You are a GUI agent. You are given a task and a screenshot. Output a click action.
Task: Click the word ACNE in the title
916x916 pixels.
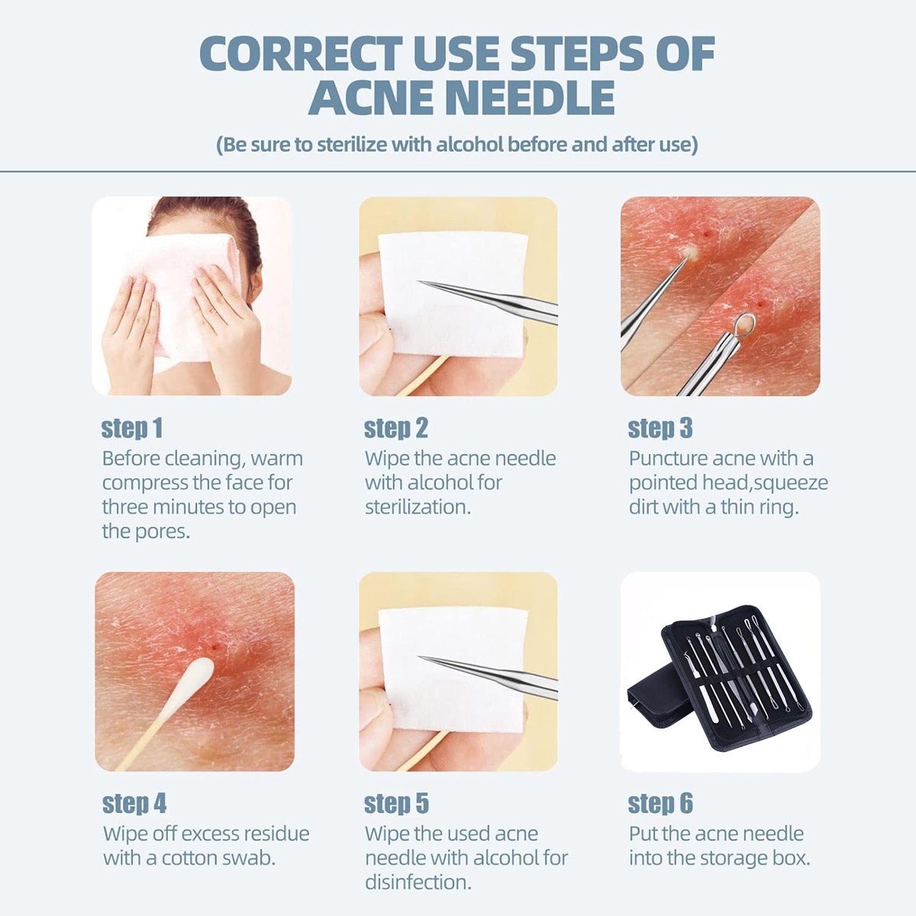point(371,97)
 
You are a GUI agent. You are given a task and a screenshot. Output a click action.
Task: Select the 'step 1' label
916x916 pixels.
point(131,427)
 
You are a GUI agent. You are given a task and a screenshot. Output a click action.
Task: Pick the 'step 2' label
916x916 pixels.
point(396,427)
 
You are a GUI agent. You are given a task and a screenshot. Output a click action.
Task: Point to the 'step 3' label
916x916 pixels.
point(660,427)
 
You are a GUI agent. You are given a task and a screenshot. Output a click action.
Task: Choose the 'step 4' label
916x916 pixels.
point(134,803)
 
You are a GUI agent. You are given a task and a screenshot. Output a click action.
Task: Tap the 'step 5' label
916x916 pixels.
point(396,803)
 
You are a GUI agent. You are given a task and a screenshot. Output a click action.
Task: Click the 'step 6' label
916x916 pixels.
point(660,803)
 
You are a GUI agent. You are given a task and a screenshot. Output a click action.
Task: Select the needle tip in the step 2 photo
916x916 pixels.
point(419,282)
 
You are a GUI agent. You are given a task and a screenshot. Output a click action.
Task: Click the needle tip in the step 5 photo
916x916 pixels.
point(419,657)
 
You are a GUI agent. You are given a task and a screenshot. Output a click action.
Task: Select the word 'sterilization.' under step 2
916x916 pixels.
point(418,507)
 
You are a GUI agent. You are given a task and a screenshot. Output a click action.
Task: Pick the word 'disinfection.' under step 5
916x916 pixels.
point(418,882)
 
